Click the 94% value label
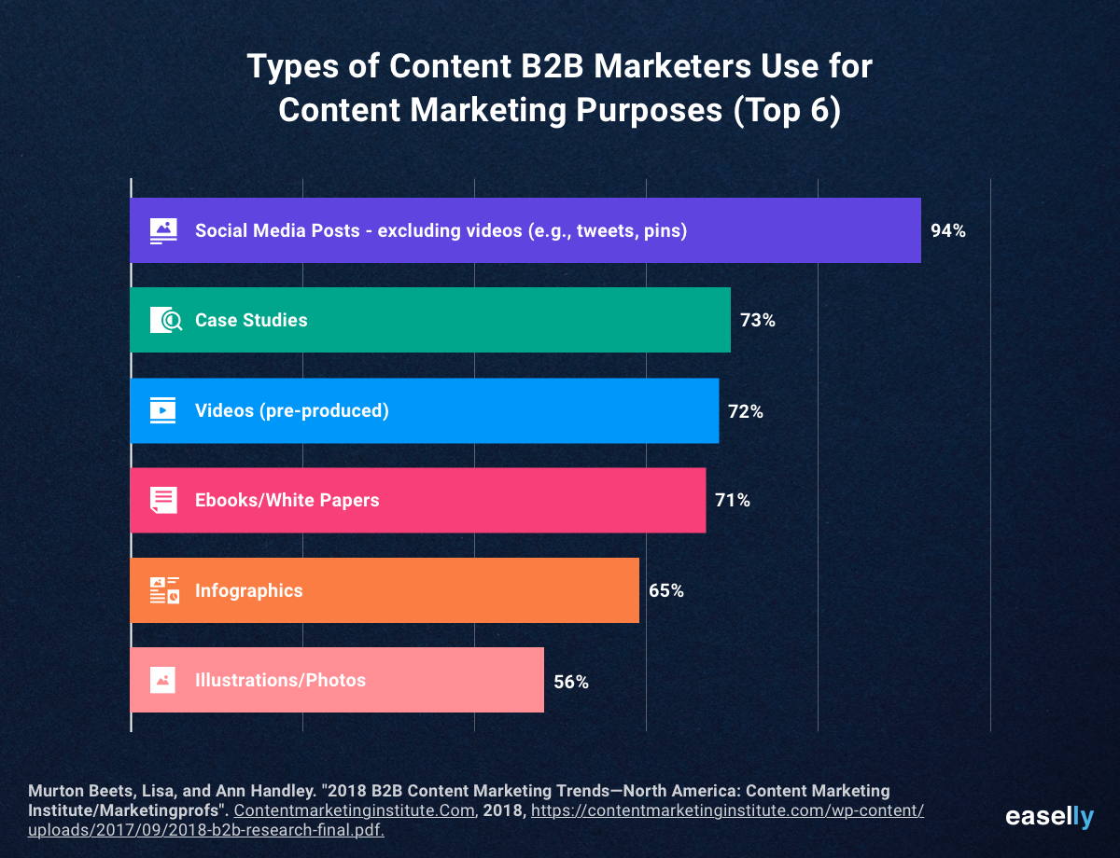point(948,230)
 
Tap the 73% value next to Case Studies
point(758,320)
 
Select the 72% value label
point(746,411)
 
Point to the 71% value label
point(733,500)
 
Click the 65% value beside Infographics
point(665,590)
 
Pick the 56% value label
point(571,682)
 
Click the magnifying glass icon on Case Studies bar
point(166,320)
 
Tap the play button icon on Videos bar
point(163,410)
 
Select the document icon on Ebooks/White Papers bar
point(163,500)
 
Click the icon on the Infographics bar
point(164,590)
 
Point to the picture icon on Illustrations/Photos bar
point(162,680)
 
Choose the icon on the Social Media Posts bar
point(163,230)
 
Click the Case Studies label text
point(251,320)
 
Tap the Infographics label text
point(249,590)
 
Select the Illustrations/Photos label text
point(280,680)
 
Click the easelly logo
point(1049,817)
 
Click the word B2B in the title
point(552,66)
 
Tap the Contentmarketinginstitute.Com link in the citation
point(354,810)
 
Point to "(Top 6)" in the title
point(787,110)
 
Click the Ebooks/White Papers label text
point(287,500)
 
